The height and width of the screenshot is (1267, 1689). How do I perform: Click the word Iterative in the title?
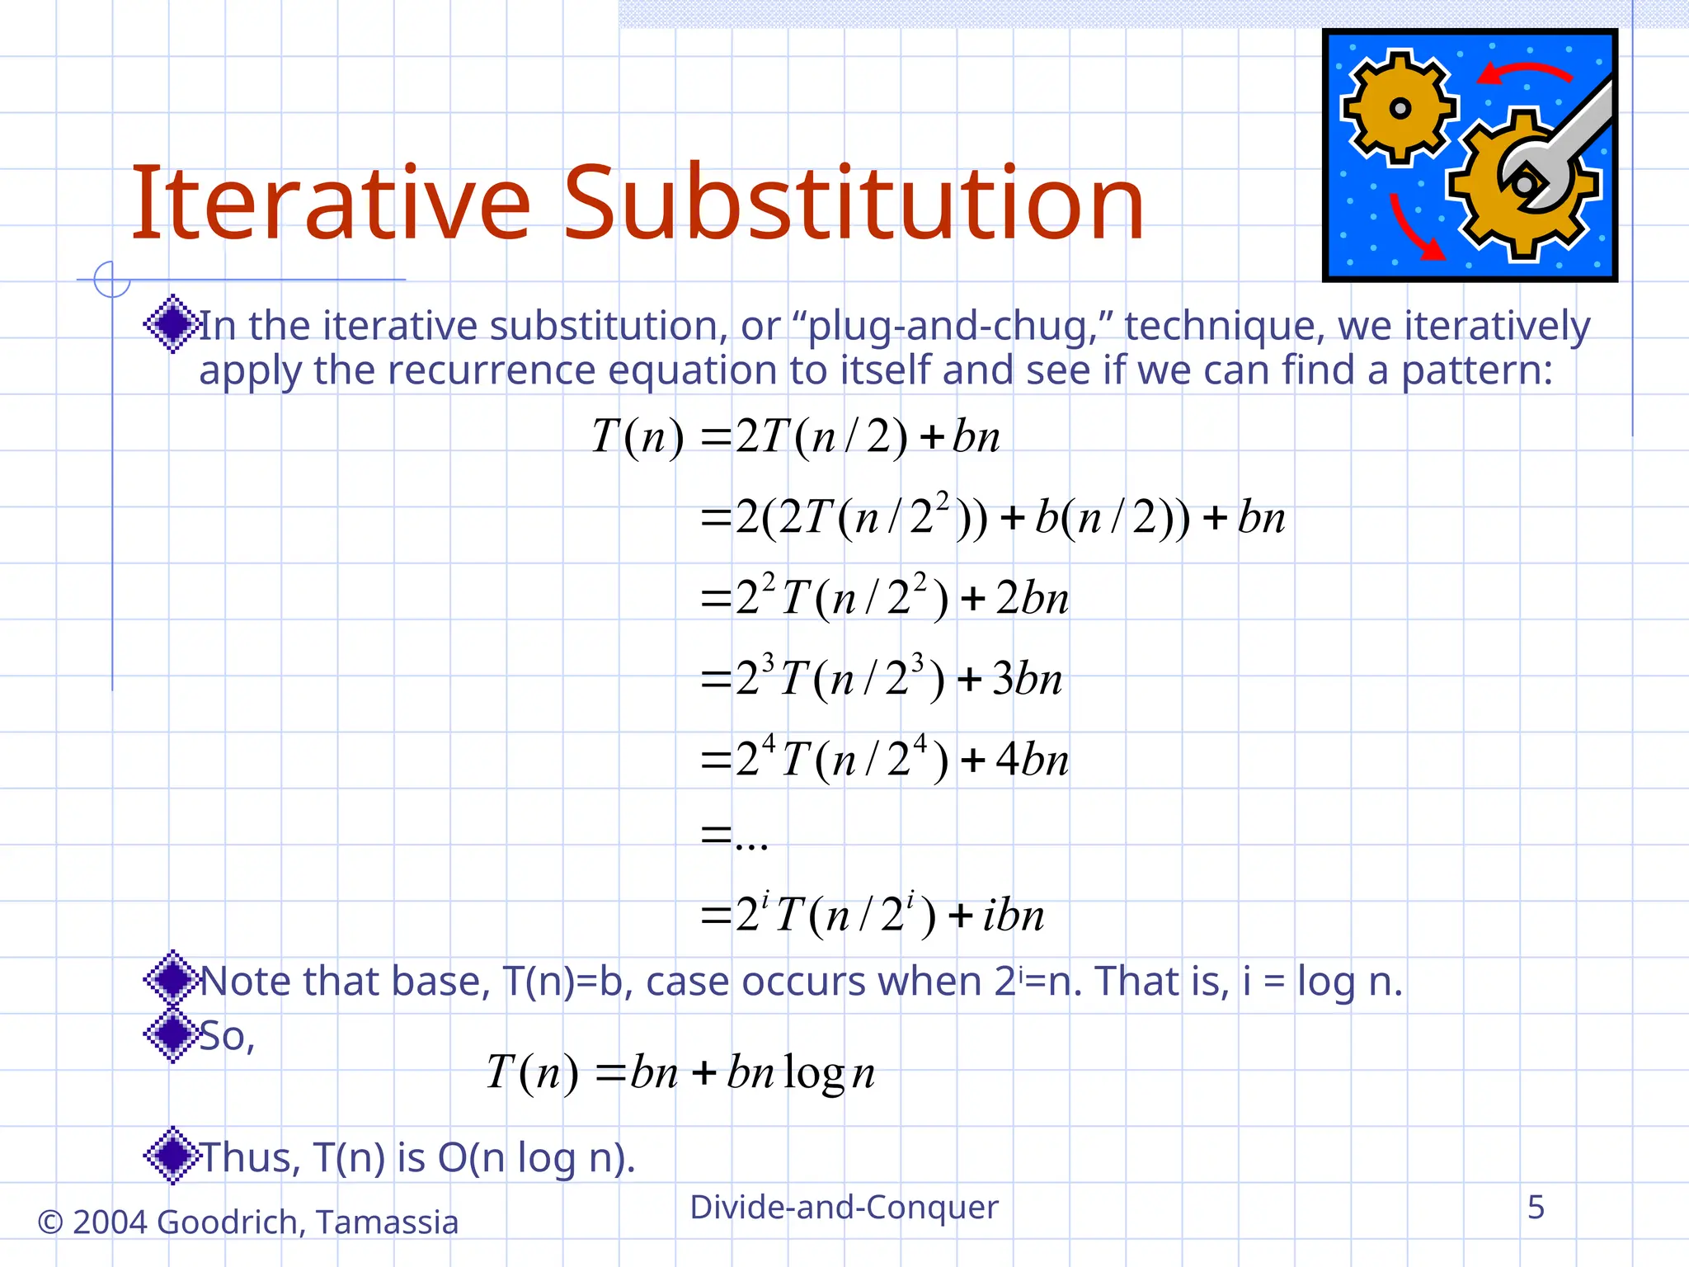[330, 203]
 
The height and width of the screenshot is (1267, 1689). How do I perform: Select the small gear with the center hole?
[1400, 107]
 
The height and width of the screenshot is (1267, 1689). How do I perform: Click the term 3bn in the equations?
[1027, 679]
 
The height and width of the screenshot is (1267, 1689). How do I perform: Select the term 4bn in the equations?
[1032, 759]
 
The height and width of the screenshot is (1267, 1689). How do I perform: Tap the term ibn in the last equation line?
[1013, 915]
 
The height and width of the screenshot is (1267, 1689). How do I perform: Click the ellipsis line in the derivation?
[735, 838]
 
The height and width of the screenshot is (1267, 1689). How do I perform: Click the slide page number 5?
[1536, 1207]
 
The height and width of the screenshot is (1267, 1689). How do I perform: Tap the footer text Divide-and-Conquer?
[844, 1207]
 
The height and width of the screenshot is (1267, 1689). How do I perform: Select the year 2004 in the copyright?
[110, 1222]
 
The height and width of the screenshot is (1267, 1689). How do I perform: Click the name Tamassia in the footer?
[387, 1222]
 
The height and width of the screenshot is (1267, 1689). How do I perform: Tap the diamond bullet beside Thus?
[172, 1156]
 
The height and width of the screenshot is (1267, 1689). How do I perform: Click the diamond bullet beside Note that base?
[172, 979]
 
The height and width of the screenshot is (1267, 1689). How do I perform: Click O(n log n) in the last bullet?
[536, 1157]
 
